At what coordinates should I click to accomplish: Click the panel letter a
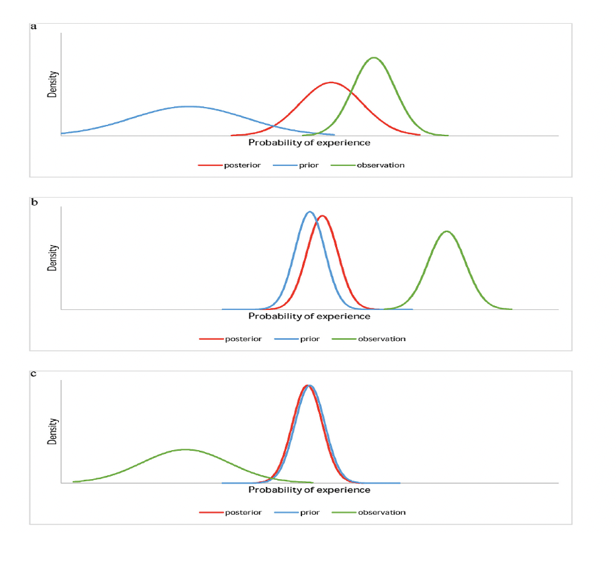pos(34,26)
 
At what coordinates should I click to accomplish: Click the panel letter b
pos(34,202)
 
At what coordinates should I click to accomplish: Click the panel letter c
pos(34,373)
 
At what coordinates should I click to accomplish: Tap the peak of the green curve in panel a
pos(374,57)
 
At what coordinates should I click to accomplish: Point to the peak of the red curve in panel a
pos(331,83)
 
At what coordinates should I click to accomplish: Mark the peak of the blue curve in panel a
pos(188,106)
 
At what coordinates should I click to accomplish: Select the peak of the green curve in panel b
pos(447,231)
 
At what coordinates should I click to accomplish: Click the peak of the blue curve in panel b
pos(309,211)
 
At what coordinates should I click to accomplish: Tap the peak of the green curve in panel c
pos(184,449)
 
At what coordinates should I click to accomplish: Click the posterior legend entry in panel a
pos(229,165)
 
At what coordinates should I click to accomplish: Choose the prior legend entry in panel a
pos(295,165)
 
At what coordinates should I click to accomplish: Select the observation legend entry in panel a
pos(367,165)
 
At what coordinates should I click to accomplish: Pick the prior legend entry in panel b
pos(297,339)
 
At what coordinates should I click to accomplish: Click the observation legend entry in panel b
pos(369,339)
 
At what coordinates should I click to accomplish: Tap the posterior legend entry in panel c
pos(230,512)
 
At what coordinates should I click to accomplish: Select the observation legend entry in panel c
pos(369,512)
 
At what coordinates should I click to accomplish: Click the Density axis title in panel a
pos(53,84)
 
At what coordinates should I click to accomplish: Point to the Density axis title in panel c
pos(53,431)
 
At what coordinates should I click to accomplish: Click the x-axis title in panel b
pos(309,317)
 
